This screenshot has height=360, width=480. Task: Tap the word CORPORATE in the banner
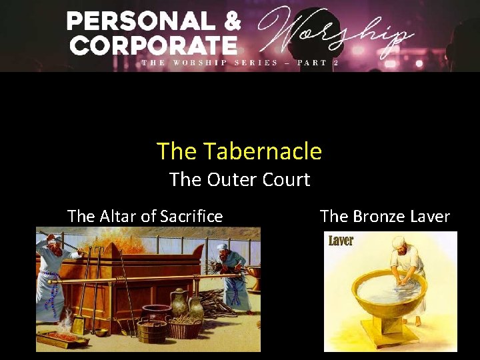153,45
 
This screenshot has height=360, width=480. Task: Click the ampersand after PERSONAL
232,22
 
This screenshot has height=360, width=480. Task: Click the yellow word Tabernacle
263,152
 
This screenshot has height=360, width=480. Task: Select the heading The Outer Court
239,179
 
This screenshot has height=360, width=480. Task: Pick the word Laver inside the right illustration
341,241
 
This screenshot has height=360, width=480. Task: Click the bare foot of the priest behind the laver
418,321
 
